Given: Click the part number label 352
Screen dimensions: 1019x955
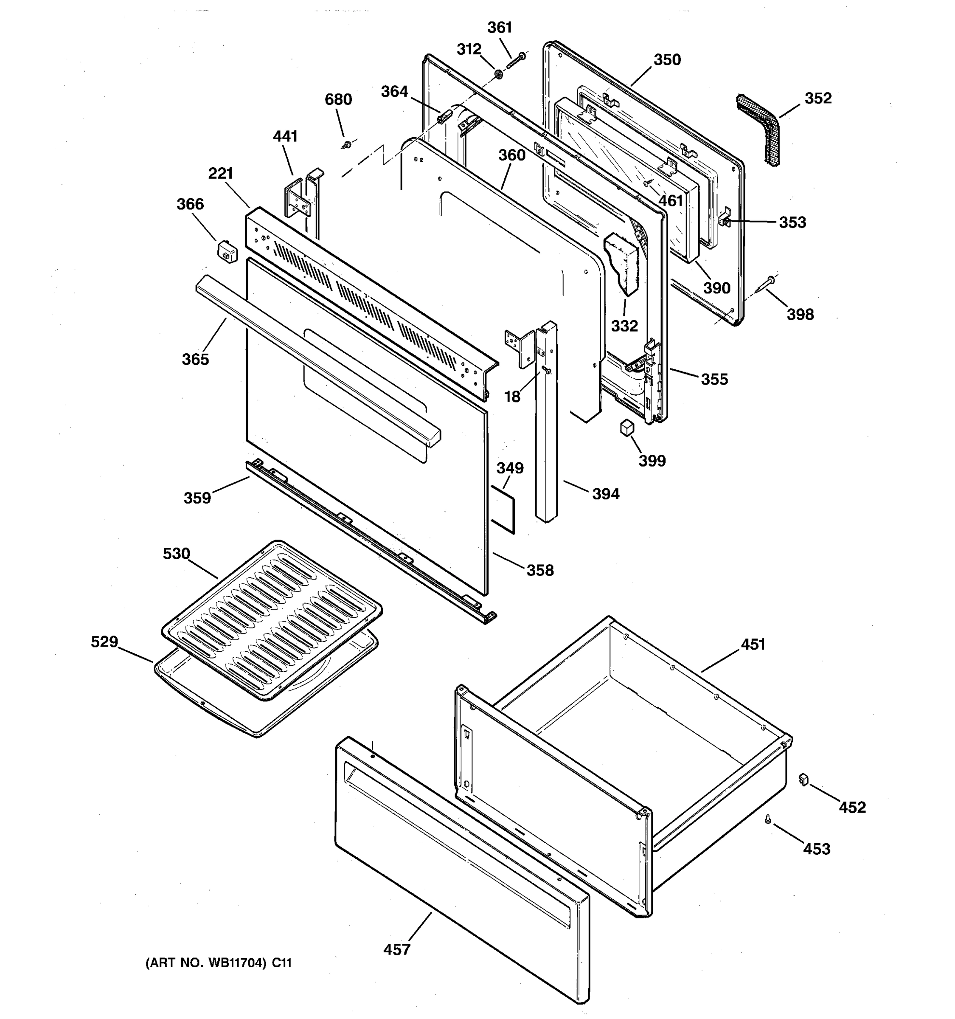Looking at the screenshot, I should coord(818,98).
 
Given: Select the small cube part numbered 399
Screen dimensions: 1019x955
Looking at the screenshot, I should coord(626,428).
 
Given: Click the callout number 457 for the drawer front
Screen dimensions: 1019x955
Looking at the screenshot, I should coord(396,949).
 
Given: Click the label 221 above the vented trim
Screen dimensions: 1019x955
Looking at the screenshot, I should coord(221,173).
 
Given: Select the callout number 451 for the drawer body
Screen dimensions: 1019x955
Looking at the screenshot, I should coord(753,645).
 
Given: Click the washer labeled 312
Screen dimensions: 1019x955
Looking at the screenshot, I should coord(497,74).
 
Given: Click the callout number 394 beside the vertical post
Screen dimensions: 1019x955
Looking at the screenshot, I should coord(606,494).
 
